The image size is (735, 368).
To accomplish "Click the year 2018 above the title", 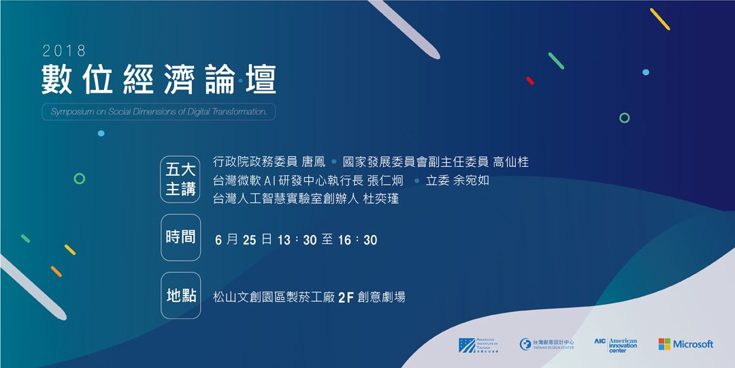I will tap(63, 50).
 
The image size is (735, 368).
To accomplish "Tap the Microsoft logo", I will tap(685, 344).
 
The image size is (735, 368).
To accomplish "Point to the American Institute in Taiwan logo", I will tap(478, 345).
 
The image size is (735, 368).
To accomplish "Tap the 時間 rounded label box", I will tap(180, 238).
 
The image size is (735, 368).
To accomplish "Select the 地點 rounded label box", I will tap(180, 296).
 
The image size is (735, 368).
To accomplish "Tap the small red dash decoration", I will tap(530, 80).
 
